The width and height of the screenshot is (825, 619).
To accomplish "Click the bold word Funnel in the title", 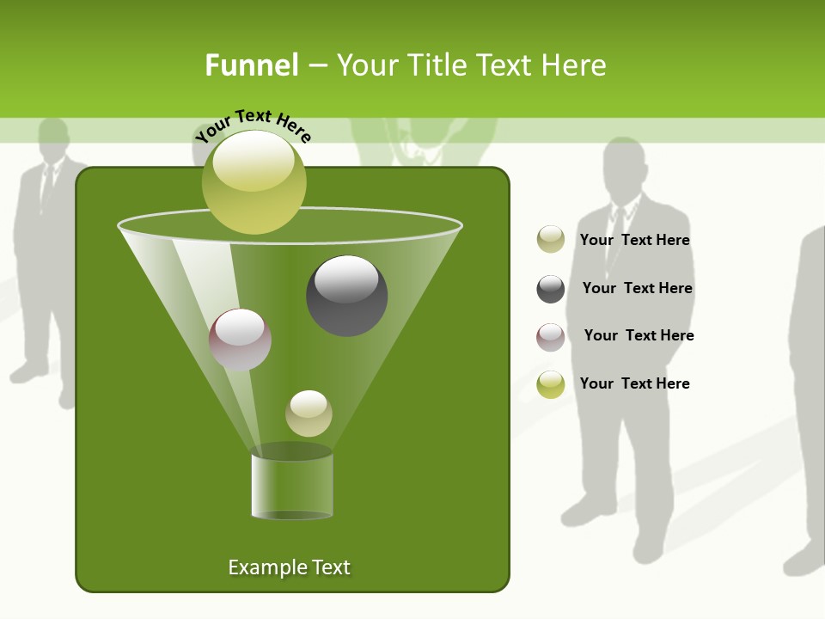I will (x=252, y=65).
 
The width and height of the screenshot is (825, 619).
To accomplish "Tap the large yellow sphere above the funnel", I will (x=254, y=181).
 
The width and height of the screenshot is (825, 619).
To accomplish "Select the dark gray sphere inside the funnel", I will (x=346, y=296).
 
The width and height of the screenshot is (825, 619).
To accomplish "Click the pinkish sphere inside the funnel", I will (x=240, y=340).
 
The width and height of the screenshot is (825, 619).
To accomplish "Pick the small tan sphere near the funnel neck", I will (x=309, y=414).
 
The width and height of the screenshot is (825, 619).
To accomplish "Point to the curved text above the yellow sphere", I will (x=253, y=124).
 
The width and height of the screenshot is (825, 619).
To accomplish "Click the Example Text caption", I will (x=289, y=567).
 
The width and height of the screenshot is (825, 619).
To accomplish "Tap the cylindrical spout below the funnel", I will (x=292, y=486).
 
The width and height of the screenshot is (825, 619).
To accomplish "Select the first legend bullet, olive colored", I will (x=551, y=240).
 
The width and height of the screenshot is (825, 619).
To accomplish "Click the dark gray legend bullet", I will (x=551, y=289).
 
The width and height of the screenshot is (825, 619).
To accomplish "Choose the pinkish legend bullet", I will (x=551, y=336).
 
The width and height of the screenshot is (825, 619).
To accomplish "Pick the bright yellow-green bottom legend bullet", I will (x=551, y=384).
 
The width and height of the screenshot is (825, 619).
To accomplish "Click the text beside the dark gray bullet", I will (x=637, y=288).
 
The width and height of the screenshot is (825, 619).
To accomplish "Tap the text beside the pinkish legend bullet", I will (x=639, y=335).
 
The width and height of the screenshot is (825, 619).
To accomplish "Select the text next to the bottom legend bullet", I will (x=634, y=383).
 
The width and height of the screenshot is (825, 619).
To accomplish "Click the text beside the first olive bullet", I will (x=634, y=240).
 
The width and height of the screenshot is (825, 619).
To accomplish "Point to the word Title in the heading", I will (x=437, y=65).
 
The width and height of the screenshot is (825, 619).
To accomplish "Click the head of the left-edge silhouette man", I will (x=53, y=138).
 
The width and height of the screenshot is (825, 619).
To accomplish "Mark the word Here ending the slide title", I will (x=574, y=65).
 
